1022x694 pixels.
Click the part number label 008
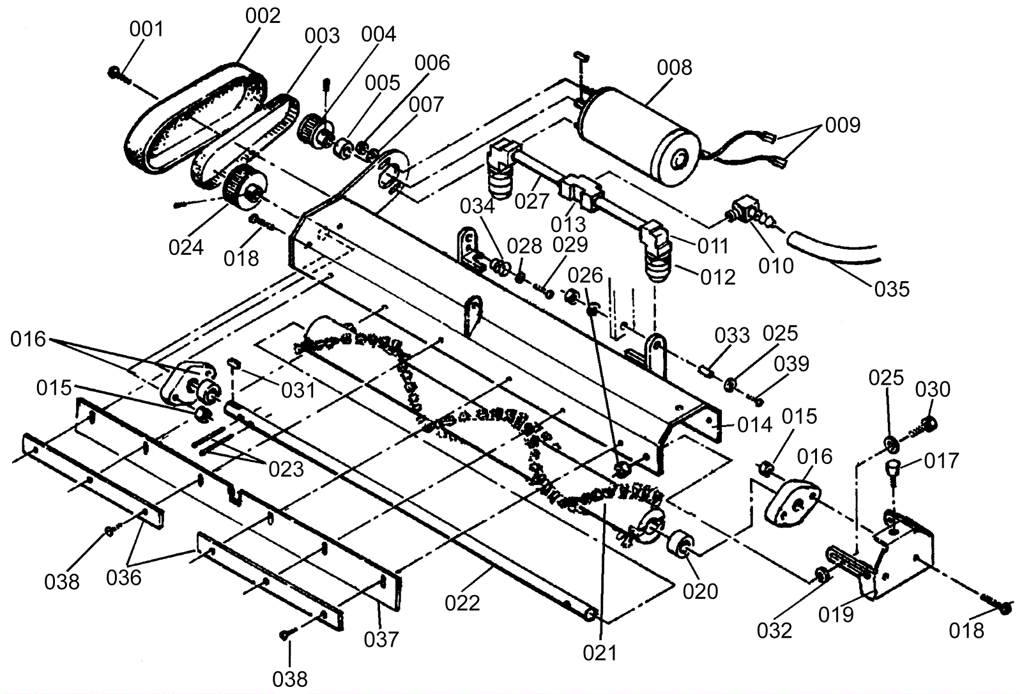tap(675, 68)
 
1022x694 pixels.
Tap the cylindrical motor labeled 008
tap(639, 137)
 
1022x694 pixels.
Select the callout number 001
tap(146, 29)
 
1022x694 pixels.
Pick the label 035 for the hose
tap(892, 289)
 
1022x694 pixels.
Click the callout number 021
tap(600, 653)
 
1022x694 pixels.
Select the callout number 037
tap(381, 640)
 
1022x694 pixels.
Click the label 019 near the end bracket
tap(836, 615)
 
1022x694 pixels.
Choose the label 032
tap(775, 631)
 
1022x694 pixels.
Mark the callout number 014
tap(754, 426)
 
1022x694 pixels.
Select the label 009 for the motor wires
tap(843, 125)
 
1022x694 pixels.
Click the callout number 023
tap(286, 469)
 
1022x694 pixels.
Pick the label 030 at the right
tap(933, 390)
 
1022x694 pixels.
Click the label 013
tap(568, 225)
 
